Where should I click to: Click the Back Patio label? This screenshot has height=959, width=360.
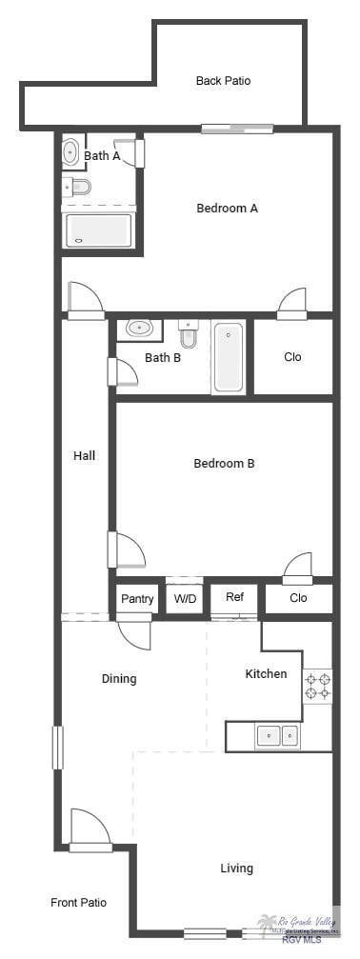coord(223,81)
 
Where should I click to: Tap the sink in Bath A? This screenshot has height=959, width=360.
coord(71,152)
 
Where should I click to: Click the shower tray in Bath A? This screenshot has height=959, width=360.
coord(97,230)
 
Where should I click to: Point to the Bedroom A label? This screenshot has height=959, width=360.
coord(227,208)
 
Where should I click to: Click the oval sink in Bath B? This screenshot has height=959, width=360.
coord(140,329)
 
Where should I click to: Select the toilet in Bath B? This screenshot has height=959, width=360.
coord(188,333)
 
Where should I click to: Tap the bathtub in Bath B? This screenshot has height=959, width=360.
coord(229,357)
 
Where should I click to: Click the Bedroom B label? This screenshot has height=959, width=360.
coord(224,464)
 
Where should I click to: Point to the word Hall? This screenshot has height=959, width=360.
coord(85,455)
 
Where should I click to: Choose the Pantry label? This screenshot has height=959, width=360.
coord(137,599)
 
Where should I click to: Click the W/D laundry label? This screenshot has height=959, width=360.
coord(184,599)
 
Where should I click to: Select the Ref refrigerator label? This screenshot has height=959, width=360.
coord(234,597)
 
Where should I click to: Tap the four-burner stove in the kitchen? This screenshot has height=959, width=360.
coord(317,687)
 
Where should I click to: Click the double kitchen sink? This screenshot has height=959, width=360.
coord(277,734)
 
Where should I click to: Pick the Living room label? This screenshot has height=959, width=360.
coord(237,868)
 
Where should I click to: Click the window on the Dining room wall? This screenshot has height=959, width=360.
coord(56,748)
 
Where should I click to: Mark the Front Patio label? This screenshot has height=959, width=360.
coord(78,902)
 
